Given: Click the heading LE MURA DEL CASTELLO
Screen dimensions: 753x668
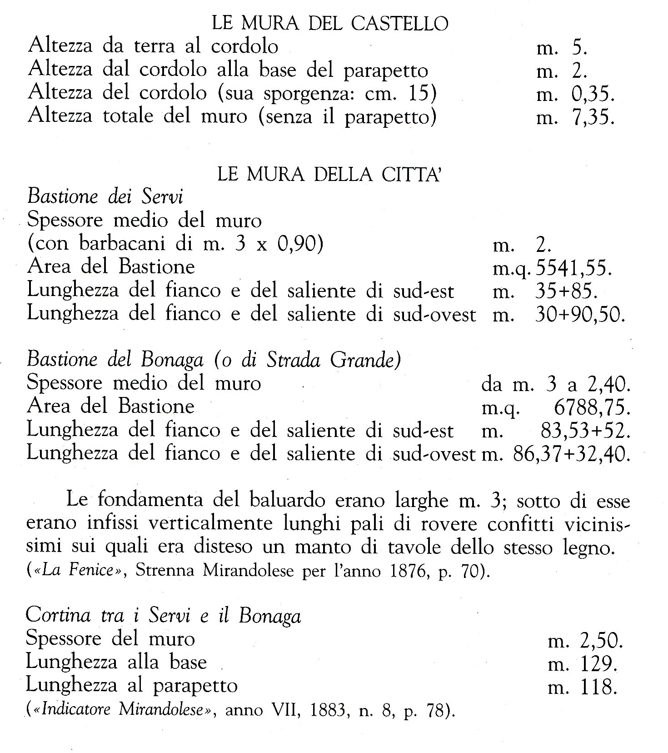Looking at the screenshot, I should click(x=330, y=24).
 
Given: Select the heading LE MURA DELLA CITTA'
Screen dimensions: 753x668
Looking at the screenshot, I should click(x=330, y=175).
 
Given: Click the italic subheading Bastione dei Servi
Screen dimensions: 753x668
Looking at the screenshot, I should click(x=105, y=197).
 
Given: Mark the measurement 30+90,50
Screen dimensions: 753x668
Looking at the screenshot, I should click(x=580, y=315).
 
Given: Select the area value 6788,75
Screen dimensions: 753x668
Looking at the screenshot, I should click(x=592, y=407).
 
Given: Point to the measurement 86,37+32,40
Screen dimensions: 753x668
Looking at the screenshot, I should click(x=571, y=453).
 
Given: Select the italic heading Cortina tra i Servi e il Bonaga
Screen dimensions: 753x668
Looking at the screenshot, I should click(x=163, y=616).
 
